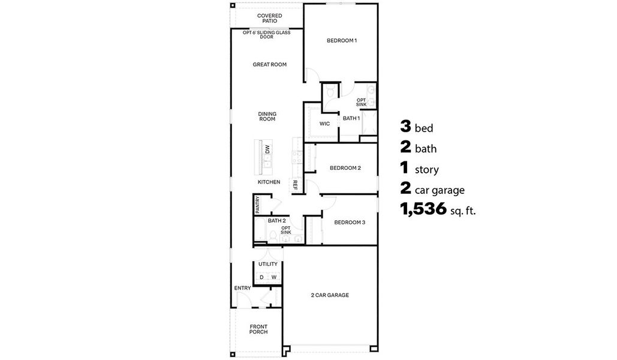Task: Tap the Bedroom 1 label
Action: [341, 41]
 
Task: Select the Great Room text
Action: [269, 64]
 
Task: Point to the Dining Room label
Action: [267, 116]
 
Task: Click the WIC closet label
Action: [324, 124]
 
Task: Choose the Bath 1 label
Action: [351, 118]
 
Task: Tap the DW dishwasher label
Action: [267, 149]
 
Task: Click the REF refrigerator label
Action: [295, 185]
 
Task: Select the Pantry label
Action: [257, 205]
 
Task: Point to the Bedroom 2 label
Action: [345, 168]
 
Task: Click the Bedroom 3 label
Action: [349, 222]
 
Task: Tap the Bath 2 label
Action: [276, 221]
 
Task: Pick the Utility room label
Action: [267, 264]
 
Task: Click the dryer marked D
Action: [261, 277]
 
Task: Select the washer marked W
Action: [274, 277]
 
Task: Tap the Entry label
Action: [242, 288]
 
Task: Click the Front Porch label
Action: [258, 329]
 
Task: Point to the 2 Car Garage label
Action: [329, 295]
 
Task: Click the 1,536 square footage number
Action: [423, 209]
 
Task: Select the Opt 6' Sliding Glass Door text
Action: [267, 35]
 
